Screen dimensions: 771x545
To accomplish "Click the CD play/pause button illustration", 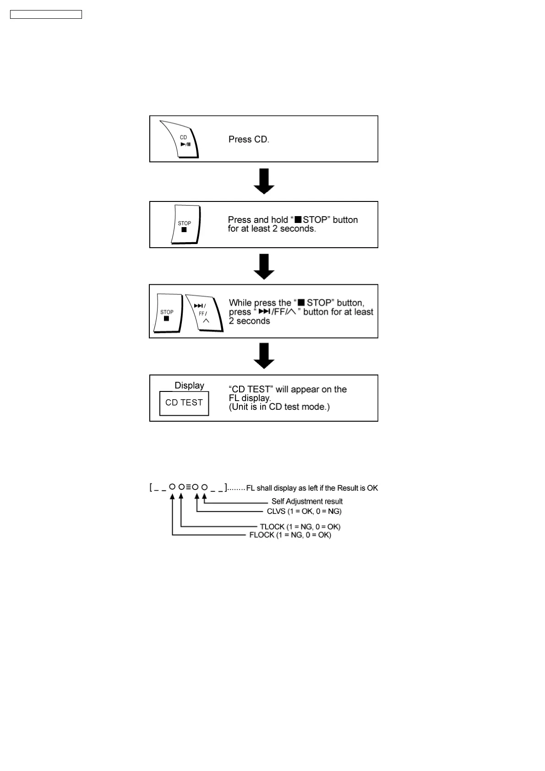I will (x=181, y=140).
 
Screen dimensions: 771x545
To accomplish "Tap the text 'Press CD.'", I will (x=249, y=139).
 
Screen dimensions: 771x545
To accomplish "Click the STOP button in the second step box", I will (x=185, y=225).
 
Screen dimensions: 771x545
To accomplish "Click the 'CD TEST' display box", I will (x=184, y=403).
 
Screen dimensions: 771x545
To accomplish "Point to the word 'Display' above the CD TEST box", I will (x=189, y=385).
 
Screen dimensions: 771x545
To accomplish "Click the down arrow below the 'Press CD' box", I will (x=264, y=181).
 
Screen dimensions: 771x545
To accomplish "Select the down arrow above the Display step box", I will (x=264, y=356).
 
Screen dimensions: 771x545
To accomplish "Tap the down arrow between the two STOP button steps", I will (x=264, y=266).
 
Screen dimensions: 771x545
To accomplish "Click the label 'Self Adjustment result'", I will (x=307, y=501).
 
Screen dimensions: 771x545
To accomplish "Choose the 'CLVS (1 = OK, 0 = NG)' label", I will (x=304, y=511).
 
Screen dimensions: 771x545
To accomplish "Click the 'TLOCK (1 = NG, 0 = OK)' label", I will (x=300, y=527).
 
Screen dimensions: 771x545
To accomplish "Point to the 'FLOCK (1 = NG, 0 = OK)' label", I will (x=290, y=535).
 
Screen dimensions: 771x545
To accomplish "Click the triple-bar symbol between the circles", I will (x=188, y=487).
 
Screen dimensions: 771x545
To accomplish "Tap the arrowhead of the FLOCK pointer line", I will (x=172, y=495).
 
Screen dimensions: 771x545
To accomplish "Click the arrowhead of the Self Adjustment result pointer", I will (x=205, y=495).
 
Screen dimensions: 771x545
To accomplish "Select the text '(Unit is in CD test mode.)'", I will (x=279, y=407).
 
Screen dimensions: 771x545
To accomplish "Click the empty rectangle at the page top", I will (x=46, y=15).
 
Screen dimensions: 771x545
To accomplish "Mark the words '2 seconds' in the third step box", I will (x=250, y=321).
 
